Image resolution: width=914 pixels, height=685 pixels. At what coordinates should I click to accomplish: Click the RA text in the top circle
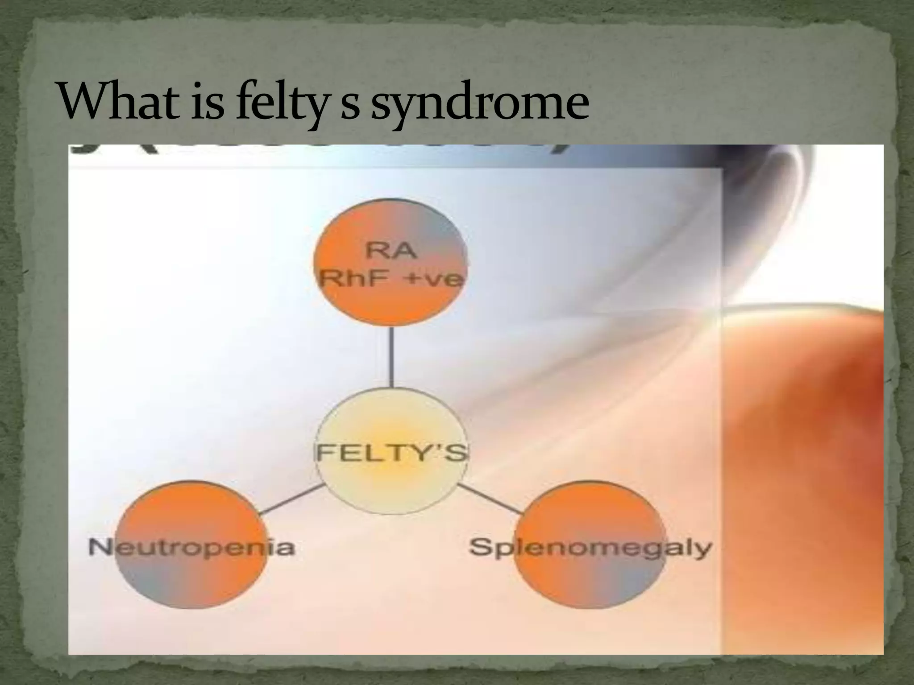(x=391, y=252)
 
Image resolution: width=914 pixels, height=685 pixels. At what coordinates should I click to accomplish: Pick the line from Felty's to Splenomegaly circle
(x=490, y=498)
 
